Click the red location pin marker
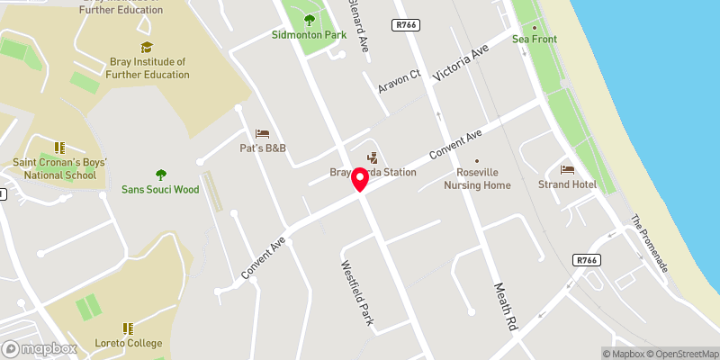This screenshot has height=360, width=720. tap(360, 179)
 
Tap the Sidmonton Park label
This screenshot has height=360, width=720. tap(309, 35)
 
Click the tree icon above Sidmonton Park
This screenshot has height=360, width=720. tap(310, 20)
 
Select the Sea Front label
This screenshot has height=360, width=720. tap(535, 39)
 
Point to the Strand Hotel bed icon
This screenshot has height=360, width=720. tap(567, 169)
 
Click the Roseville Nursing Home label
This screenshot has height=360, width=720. tap(477, 178)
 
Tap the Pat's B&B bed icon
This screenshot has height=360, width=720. tap(262, 133)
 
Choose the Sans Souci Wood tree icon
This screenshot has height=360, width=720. tap(161, 175)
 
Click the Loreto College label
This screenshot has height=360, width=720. tap(129, 343)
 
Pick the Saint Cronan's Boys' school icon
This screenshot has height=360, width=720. tap(59, 148)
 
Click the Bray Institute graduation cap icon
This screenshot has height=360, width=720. tap(147, 47)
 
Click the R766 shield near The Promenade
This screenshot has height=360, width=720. tap(586, 260)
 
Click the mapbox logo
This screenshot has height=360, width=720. tap(40, 348)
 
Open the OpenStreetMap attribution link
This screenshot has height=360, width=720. tap(681, 354)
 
